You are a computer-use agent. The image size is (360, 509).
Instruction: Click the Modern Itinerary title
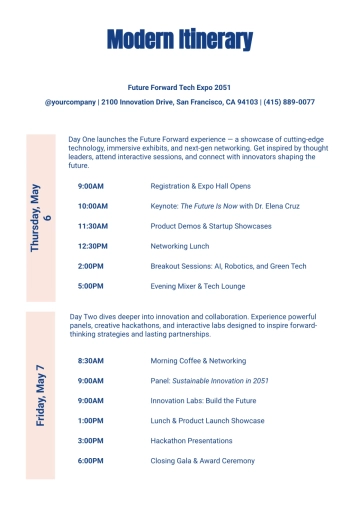coord(179,40)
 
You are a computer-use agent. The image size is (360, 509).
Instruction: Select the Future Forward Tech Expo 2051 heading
coord(179,88)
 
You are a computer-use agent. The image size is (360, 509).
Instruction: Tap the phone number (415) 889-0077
coord(288,102)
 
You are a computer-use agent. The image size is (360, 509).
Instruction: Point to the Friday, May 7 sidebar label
coord(41,395)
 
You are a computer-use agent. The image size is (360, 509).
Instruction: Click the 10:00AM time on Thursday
coord(92,206)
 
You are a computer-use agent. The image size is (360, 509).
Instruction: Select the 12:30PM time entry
coord(92,246)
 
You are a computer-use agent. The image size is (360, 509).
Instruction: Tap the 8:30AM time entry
coord(90,360)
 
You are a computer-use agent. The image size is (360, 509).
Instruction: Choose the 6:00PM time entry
coord(90,460)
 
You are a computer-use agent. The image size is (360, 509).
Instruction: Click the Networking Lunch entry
coord(181,246)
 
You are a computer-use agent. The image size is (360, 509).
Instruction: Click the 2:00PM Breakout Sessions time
coord(90,266)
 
